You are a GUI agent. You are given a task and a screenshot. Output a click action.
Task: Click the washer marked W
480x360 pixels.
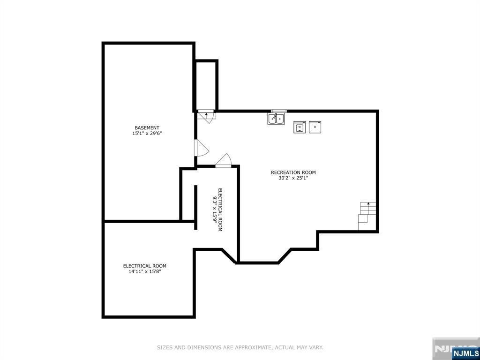(300, 127)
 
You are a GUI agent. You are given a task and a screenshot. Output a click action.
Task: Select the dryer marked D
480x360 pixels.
(315, 127)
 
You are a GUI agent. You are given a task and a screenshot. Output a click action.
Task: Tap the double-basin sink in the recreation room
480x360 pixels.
(277, 119)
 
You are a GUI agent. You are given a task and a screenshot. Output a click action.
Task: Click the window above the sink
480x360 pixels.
(279, 111)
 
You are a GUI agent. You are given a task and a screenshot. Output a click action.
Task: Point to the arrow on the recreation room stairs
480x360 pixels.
(368, 203)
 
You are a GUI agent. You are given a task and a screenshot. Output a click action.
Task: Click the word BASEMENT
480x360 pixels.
(147, 127)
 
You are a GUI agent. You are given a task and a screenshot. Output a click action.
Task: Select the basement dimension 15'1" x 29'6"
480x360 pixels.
(147, 134)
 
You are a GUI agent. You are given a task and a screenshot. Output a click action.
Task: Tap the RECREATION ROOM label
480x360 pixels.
(293, 172)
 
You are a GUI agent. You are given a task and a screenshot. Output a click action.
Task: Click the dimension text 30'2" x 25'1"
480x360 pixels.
(293, 178)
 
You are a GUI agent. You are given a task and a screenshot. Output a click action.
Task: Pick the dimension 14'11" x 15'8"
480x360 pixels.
(145, 271)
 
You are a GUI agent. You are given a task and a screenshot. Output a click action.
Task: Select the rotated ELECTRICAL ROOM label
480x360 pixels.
(220, 210)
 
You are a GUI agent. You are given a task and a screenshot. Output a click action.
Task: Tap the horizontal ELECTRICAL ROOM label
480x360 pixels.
(145, 266)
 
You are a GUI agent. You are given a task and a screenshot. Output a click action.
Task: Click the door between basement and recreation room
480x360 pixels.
(202, 148)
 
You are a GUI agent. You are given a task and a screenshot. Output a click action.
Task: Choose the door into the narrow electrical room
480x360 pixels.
(224, 161)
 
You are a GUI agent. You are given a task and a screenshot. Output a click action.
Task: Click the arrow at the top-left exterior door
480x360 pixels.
(206, 114)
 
